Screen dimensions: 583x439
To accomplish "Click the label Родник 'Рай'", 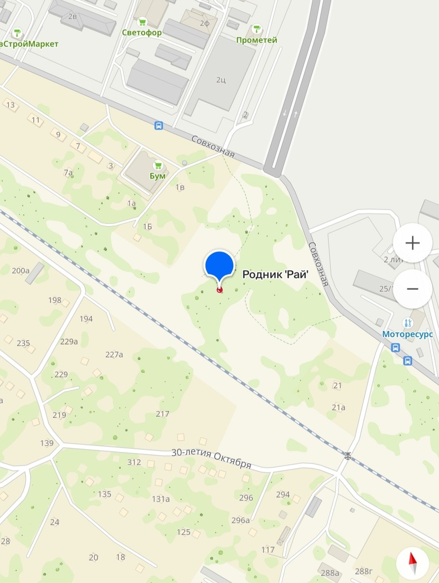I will tap(276, 274).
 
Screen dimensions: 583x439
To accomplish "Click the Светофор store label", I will tap(142, 32).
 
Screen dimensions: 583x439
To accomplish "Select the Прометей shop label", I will tap(256, 40).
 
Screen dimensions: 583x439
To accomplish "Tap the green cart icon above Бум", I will tap(158, 165).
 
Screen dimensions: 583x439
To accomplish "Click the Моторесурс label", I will tap(407, 334).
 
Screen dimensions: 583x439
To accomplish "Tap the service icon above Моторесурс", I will tap(407, 323).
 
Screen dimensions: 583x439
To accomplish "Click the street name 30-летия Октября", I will tap(211, 459).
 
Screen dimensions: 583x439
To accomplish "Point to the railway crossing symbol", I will tap(347, 455).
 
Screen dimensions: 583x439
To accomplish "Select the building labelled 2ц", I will tap(221, 79).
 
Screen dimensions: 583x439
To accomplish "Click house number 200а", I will tap(20, 271).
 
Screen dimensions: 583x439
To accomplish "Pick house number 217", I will tap(163, 414).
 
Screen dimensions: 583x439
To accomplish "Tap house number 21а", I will tap(338, 407).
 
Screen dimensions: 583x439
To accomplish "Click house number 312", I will tap(135, 462).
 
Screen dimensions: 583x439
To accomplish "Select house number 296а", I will tap(240, 520).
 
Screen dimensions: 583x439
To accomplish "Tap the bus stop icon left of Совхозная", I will tap(158, 126).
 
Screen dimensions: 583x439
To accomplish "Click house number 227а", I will tap(114, 354).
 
